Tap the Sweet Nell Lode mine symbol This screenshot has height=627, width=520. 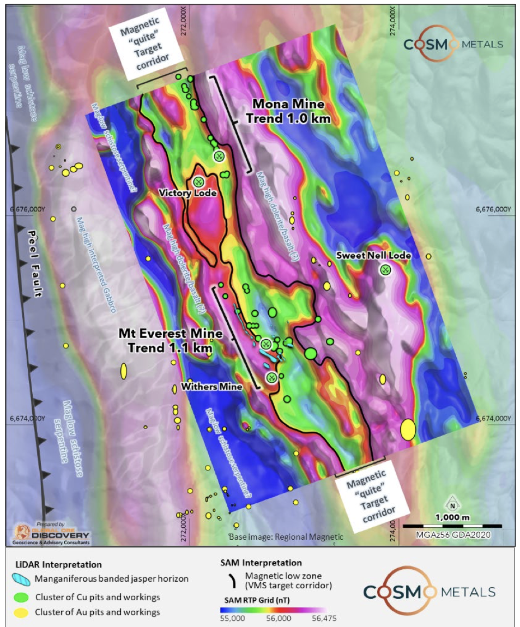click(x=385, y=270)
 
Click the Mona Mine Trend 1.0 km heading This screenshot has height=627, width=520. click(x=288, y=111)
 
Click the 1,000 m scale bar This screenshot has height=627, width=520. click(x=452, y=526)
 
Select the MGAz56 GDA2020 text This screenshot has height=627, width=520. click(x=452, y=535)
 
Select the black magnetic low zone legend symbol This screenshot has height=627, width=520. click(x=235, y=581)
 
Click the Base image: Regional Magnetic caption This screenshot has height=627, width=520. click(x=286, y=537)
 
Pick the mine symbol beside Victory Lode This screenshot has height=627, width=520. click(x=199, y=182)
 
